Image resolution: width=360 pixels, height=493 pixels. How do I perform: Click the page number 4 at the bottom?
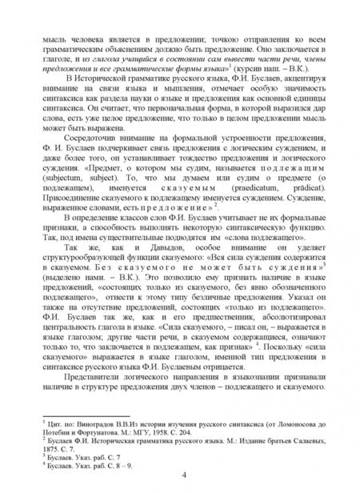[x=185, y=477]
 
